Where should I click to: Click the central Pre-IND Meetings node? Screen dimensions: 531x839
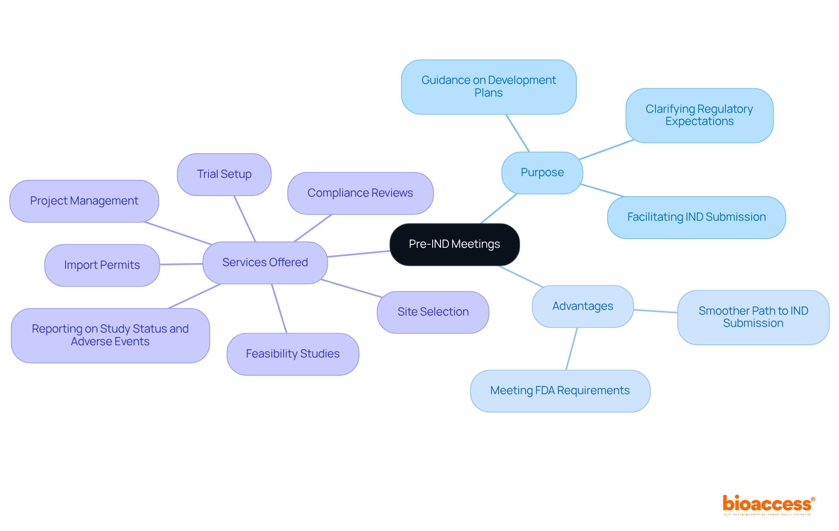pos(454,244)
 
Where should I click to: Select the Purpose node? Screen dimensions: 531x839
pos(542,173)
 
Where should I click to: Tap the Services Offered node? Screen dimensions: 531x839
pos(265,263)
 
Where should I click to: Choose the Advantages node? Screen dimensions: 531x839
pos(582,306)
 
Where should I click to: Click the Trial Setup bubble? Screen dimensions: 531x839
pos(224,174)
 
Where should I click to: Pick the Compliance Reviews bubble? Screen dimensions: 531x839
pos(360,193)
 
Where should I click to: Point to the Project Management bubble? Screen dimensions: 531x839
pos(84,201)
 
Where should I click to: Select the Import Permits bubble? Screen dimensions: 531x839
pos(102,265)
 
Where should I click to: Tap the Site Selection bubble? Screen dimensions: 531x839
pos(433,312)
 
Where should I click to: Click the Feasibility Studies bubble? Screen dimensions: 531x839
pos(292,354)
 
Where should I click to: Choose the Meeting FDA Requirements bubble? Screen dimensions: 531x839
pos(560,391)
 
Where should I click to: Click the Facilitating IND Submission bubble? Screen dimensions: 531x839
pos(696,217)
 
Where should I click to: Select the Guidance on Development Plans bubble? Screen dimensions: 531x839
pos(489,87)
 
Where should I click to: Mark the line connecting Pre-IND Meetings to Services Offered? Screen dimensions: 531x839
pos(358,254)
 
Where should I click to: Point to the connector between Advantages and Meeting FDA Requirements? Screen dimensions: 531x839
pos(572,349)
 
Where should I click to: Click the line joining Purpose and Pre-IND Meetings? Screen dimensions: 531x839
pos(499,208)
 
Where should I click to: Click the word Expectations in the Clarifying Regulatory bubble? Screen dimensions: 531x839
pos(699,121)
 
